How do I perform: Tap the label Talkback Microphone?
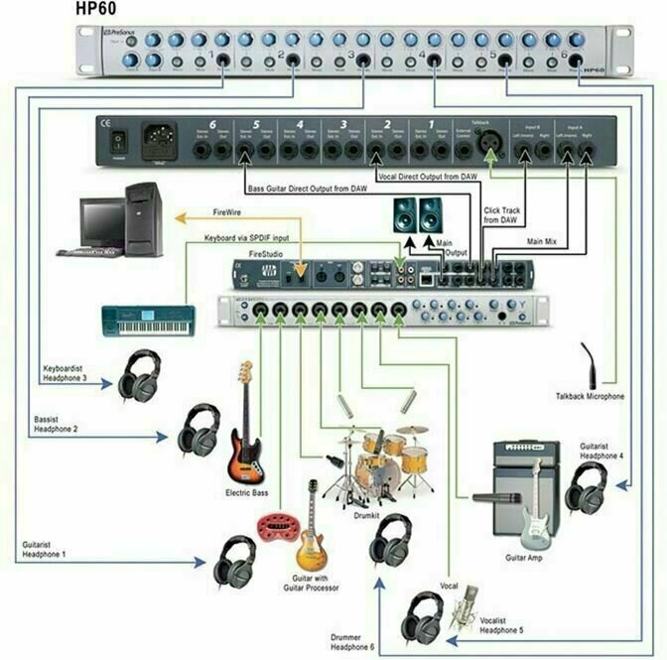point(590,396)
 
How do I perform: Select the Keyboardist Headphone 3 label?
point(71,372)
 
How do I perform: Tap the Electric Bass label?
point(248,493)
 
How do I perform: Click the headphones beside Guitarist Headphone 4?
point(587,485)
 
